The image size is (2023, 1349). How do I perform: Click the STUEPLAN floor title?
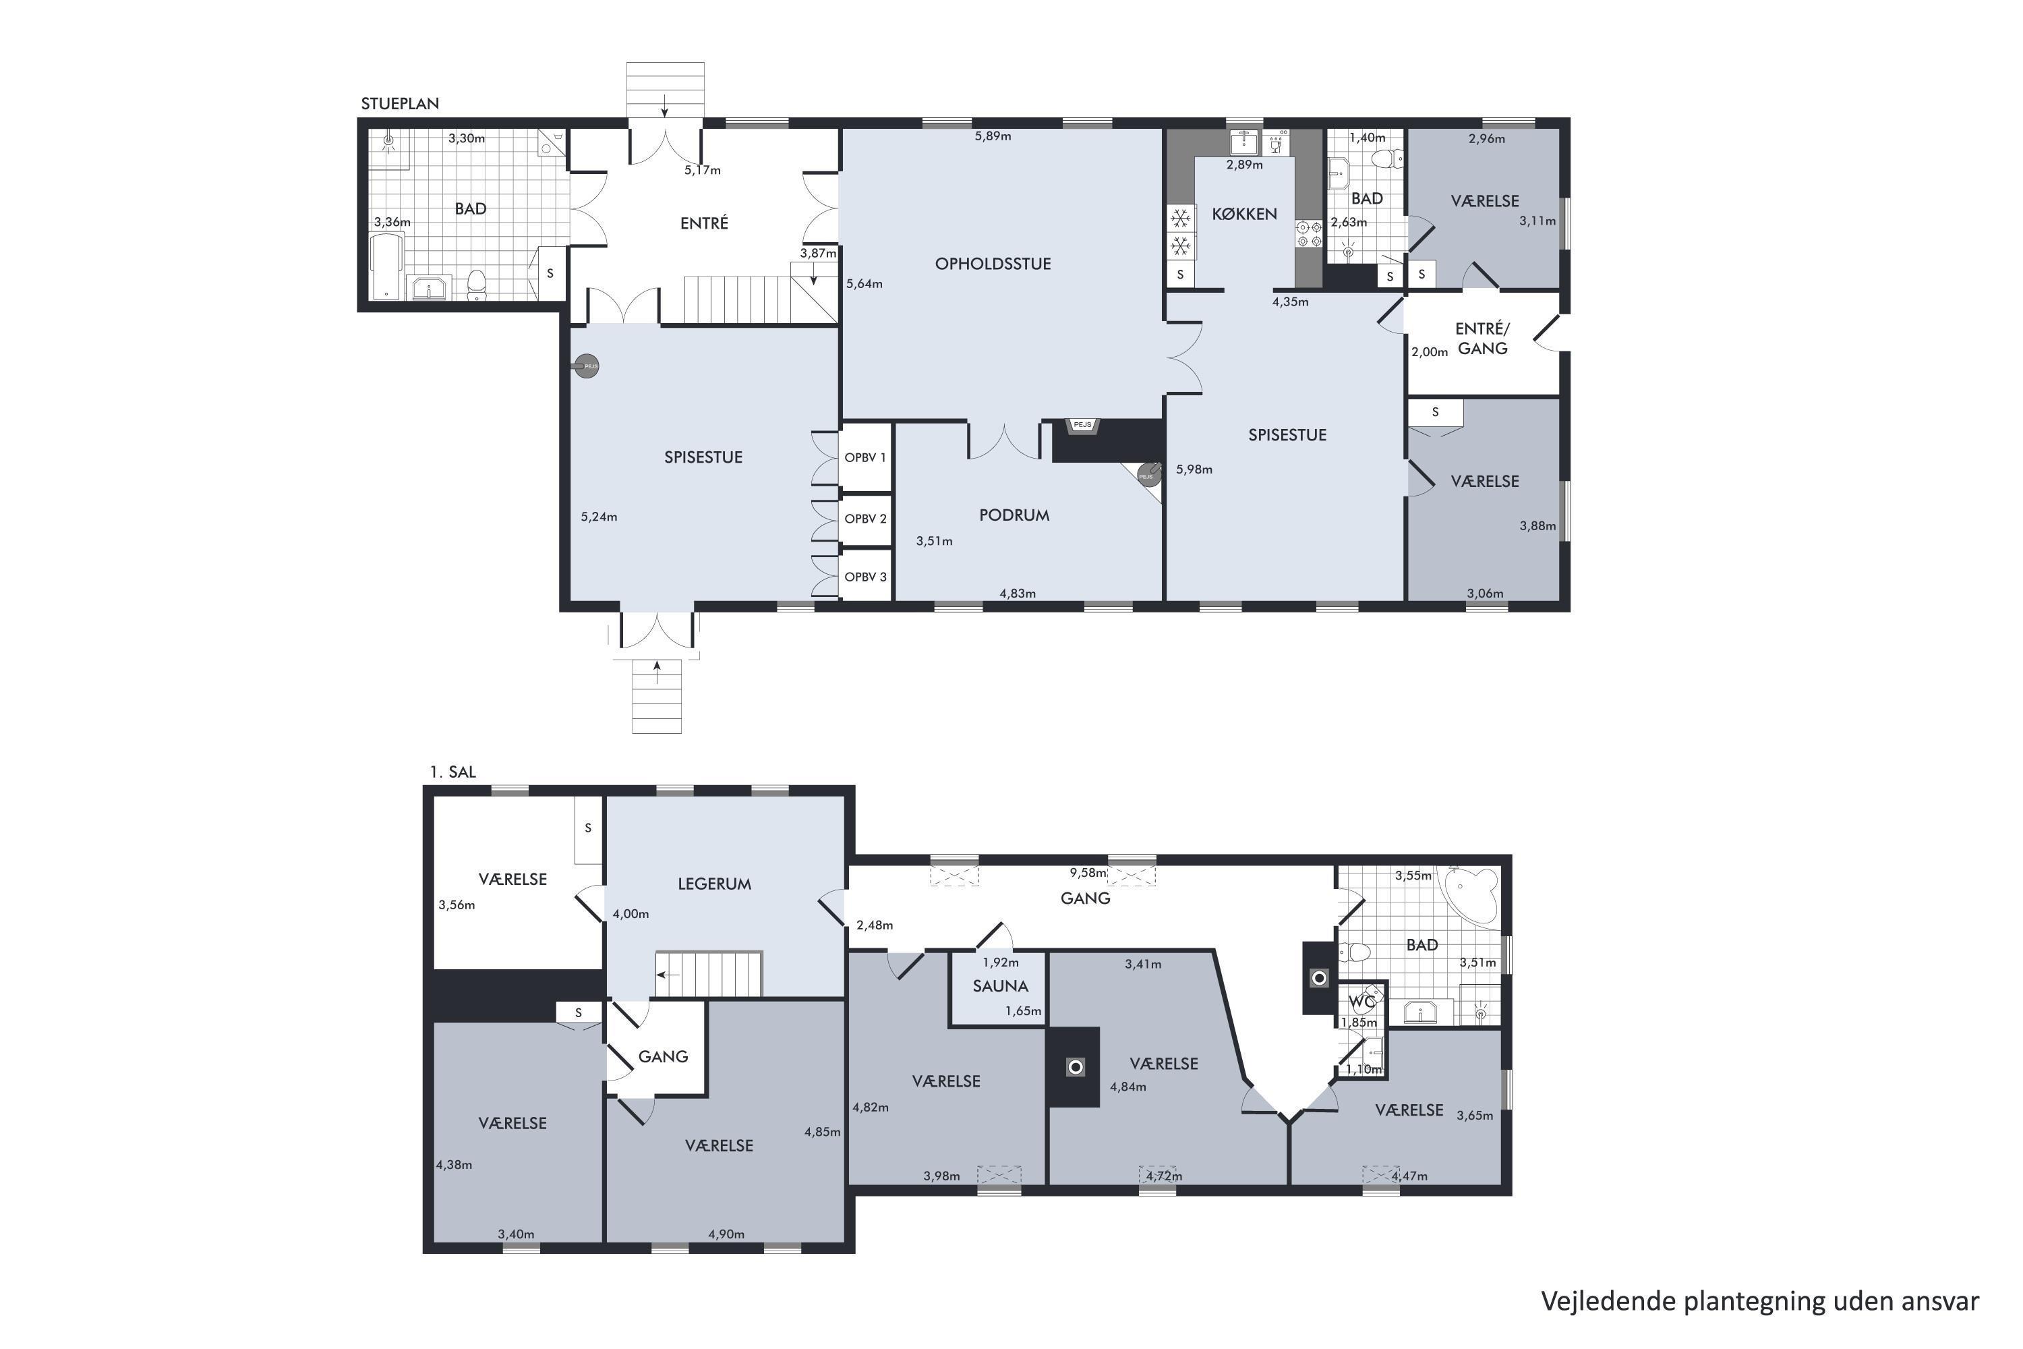click(400, 104)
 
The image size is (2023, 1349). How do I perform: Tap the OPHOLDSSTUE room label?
click(993, 264)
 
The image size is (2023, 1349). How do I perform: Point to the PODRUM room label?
click(1014, 515)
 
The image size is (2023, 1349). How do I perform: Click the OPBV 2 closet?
click(865, 519)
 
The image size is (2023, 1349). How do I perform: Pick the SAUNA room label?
click(1000, 987)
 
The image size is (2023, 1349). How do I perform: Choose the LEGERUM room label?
click(714, 884)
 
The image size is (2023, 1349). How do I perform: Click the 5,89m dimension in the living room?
click(993, 136)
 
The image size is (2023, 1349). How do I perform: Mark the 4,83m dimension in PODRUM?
click(1018, 594)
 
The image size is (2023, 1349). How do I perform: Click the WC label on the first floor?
click(1361, 1002)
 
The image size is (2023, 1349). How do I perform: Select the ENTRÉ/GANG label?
click(1482, 339)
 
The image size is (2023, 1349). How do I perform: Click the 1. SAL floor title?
click(452, 772)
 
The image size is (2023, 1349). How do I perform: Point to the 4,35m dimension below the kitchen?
click(1290, 302)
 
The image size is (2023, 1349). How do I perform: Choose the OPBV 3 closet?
click(865, 577)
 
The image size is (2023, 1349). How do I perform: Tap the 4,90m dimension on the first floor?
click(726, 1234)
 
